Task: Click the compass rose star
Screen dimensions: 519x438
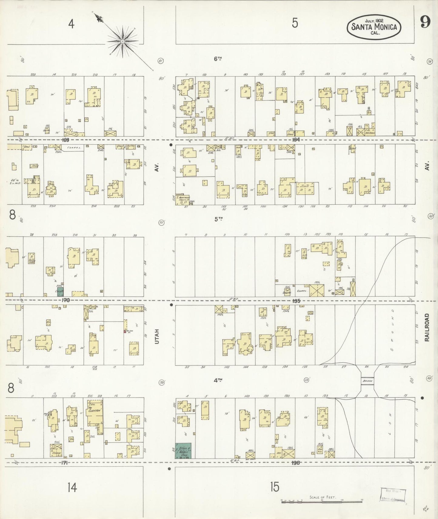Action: pyautogui.click(x=122, y=41)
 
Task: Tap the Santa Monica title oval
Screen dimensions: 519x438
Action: pyautogui.click(x=374, y=27)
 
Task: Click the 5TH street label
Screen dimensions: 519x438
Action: pyautogui.click(x=218, y=219)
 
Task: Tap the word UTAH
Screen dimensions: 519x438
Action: pyautogui.click(x=157, y=336)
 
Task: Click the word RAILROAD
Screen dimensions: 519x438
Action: pyautogui.click(x=427, y=327)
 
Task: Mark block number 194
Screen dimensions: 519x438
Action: pyautogui.click(x=296, y=140)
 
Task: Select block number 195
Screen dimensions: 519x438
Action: pyautogui.click(x=296, y=301)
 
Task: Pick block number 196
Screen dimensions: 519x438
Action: pyautogui.click(x=296, y=463)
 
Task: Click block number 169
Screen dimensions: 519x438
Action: pyautogui.click(x=65, y=140)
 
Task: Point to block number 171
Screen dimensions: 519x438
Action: pyautogui.click(x=64, y=463)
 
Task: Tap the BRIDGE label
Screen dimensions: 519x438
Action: pyautogui.click(x=367, y=381)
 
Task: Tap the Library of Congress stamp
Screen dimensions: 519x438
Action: pyautogui.click(x=393, y=495)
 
